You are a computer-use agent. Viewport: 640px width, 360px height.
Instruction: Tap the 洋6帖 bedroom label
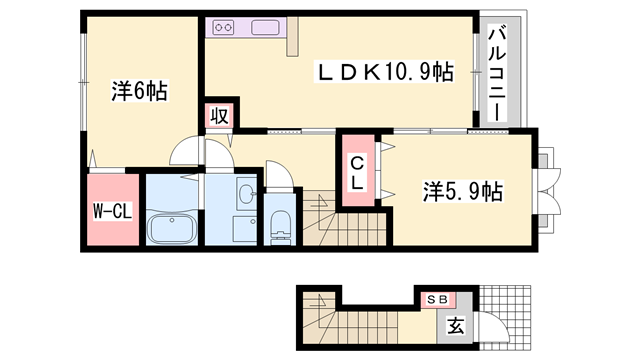point(140,91)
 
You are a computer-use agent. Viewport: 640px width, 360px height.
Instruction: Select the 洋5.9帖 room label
point(462,191)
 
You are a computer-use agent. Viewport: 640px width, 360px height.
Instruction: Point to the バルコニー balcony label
point(497,73)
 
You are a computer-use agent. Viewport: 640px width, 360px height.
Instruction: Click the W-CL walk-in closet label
point(113,211)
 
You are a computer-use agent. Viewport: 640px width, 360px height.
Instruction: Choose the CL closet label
point(357,173)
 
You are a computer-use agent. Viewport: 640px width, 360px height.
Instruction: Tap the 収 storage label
point(219,116)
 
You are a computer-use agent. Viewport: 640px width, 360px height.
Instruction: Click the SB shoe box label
point(437,299)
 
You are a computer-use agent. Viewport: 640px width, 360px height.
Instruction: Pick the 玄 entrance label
point(456,326)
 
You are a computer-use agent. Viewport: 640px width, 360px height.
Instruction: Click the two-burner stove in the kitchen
point(223,27)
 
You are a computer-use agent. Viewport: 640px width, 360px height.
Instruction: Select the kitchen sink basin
point(265,27)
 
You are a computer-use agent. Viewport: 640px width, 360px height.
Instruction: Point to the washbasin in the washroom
point(247,193)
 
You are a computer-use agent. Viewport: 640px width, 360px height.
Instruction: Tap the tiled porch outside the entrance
point(505,317)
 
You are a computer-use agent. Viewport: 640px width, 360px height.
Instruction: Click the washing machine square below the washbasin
point(245,230)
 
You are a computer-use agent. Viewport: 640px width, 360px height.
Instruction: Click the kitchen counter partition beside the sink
point(292,36)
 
